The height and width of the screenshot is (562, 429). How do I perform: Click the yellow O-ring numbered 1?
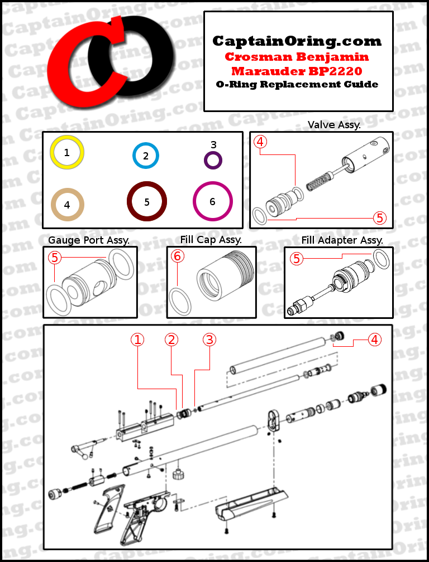point(67,152)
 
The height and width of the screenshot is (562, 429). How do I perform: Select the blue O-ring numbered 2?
point(146,156)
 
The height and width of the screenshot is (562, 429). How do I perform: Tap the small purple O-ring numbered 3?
point(213,160)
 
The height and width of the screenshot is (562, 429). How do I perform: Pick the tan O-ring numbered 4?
point(67,205)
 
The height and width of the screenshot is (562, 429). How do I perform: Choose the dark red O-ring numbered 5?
point(147,202)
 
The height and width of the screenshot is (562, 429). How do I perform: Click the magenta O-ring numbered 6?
point(213,201)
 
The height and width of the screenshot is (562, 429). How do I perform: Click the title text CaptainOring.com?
point(297,41)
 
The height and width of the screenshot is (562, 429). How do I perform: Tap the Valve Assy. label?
point(334,125)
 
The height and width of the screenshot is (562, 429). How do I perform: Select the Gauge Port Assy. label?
point(89,240)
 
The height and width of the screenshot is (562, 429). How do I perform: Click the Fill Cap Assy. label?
point(211,240)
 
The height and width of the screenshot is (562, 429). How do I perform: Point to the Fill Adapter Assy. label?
point(342,240)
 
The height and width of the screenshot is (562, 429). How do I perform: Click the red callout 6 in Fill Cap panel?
point(178,256)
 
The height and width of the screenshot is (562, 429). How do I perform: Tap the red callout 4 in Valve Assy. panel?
point(260,142)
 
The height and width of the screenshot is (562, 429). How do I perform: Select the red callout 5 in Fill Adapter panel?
point(297,258)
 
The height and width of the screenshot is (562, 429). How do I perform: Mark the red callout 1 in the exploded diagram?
point(137,340)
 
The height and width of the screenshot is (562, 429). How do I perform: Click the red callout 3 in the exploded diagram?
point(209,340)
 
